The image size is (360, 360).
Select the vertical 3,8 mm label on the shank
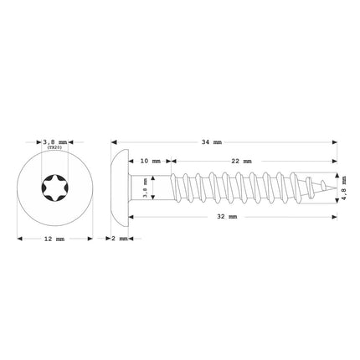[146, 192]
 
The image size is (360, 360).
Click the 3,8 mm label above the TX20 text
[54, 143]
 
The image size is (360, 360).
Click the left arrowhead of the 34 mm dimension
[114, 143]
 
